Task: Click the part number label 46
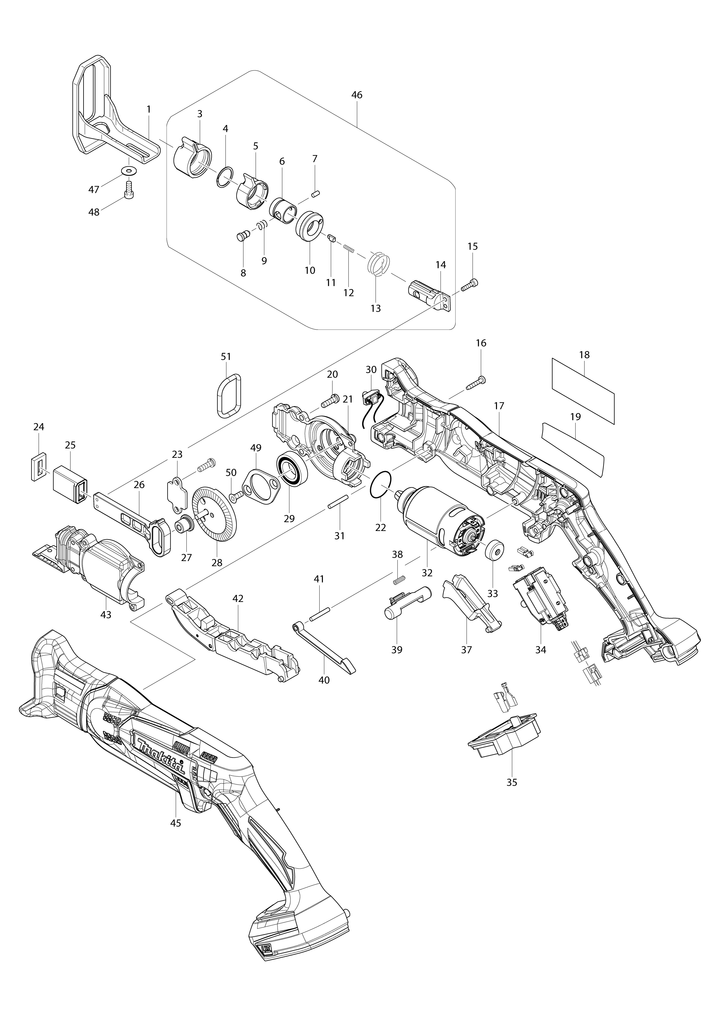click(357, 95)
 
